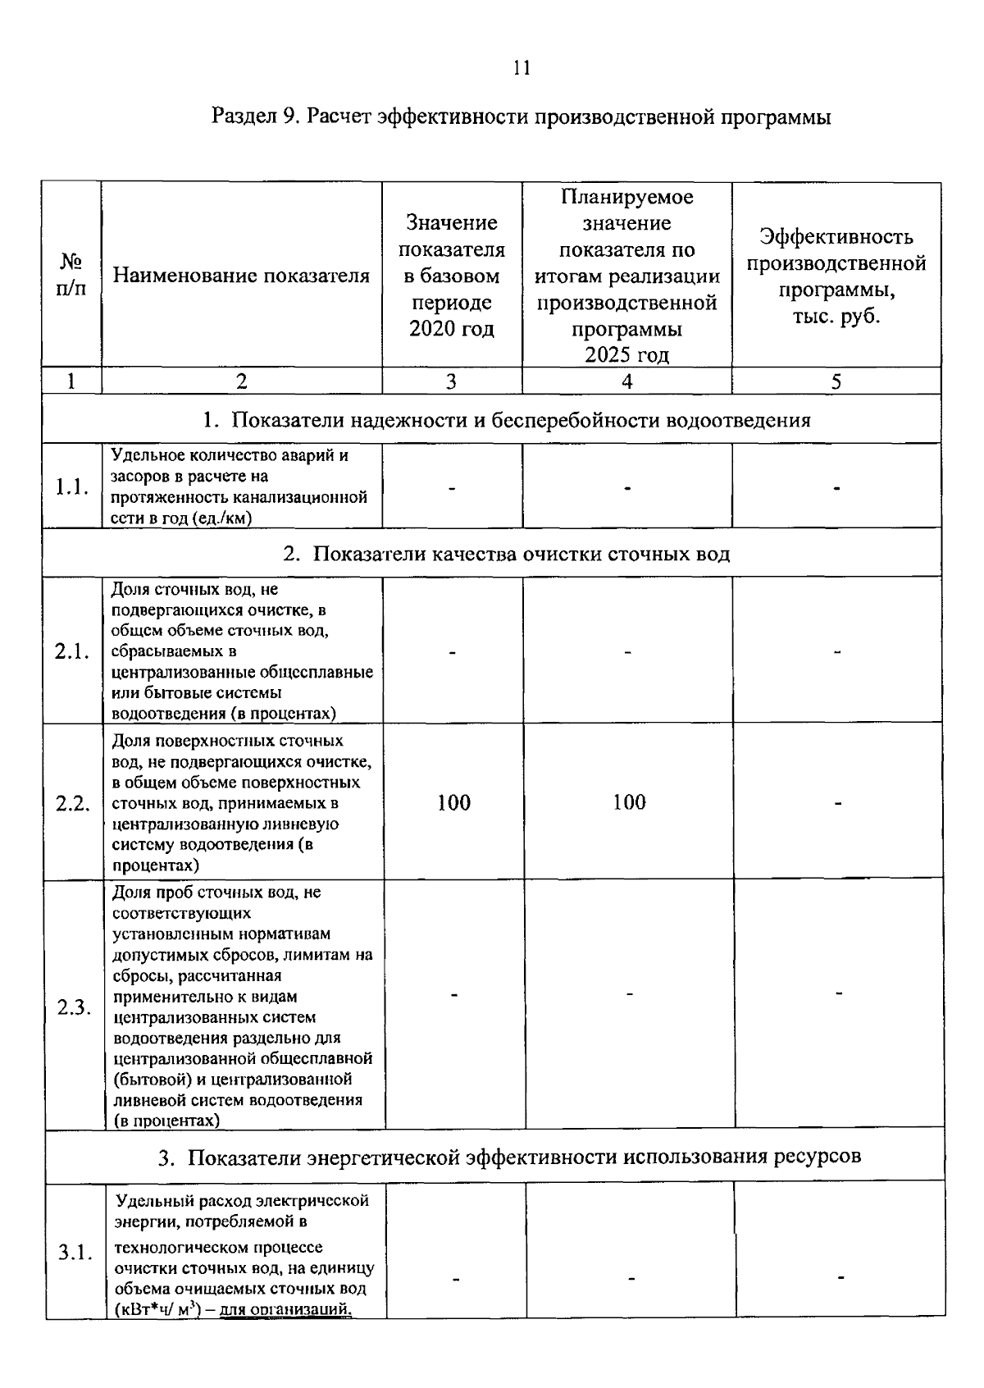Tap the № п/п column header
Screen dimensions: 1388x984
(71, 275)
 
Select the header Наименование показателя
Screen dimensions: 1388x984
(241, 275)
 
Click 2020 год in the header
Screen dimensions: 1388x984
(452, 329)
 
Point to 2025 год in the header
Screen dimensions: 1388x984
(626, 355)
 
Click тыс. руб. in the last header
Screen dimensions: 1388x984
(836, 317)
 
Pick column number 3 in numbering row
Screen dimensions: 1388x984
(451, 381)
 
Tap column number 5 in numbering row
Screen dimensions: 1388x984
(836, 381)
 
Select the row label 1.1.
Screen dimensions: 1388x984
(71, 487)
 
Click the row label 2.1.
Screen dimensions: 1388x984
(71, 652)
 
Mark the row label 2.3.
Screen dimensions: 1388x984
(74, 1007)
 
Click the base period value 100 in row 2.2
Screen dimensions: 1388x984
(453, 802)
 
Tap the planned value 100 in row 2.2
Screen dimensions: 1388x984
(629, 802)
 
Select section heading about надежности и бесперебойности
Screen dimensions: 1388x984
(507, 421)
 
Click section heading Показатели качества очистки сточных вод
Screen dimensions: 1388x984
(507, 554)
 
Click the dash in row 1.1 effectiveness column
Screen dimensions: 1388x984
(836, 488)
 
